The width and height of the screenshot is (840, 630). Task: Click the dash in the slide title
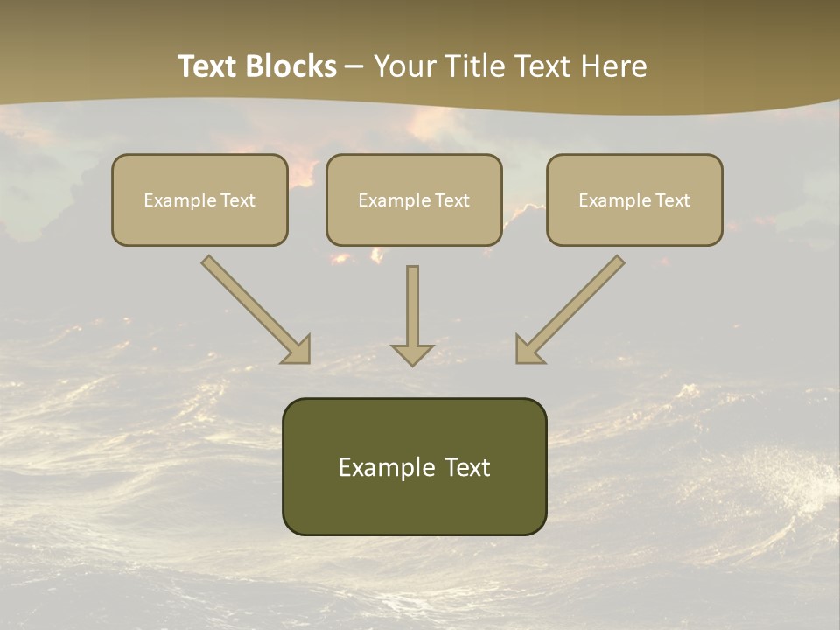tap(354, 67)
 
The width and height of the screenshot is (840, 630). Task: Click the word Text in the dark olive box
tap(466, 467)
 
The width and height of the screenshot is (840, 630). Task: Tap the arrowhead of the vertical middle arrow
tap(412, 353)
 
